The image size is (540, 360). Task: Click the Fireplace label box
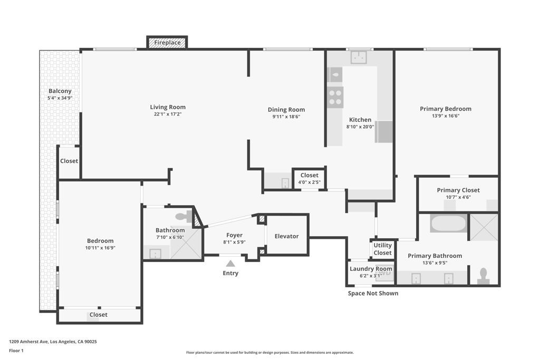(x=167, y=43)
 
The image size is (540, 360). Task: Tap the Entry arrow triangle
(x=230, y=263)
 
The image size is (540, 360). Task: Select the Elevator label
(x=286, y=236)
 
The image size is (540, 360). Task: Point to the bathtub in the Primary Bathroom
(x=448, y=223)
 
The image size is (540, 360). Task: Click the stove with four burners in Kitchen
(x=335, y=98)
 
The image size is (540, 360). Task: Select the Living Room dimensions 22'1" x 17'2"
(x=168, y=114)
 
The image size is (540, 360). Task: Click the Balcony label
(x=60, y=91)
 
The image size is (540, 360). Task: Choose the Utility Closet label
(x=383, y=249)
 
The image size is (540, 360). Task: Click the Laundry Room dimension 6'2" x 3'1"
(x=371, y=276)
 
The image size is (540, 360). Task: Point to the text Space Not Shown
(x=373, y=293)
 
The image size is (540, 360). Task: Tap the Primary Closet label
(x=458, y=190)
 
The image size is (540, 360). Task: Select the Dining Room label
(x=286, y=110)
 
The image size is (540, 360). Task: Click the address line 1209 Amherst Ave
(x=53, y=342)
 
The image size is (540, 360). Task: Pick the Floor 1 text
(x=16, y=351)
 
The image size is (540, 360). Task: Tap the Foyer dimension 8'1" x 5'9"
(x=234, y=242)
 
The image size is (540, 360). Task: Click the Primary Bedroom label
(x=446, y=109)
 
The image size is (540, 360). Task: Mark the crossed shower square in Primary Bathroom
(x=484, y=227)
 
